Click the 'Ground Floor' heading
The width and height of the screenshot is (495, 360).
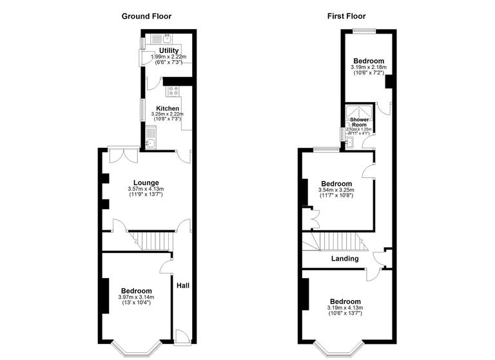coord(147,15)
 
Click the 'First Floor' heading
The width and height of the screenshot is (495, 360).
coord(346,15)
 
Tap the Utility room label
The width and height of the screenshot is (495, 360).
coord(169,50)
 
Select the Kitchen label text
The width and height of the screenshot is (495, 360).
coord(168,108)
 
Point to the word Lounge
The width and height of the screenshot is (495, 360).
coord(146,183)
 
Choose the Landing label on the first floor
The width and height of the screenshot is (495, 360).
coord(345,259)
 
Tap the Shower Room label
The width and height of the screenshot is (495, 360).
coord(358,121)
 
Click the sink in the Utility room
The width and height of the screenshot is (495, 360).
coord(166,38)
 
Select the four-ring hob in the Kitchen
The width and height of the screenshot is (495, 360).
coord(173,91)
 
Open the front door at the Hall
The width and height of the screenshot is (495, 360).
coord(182,335)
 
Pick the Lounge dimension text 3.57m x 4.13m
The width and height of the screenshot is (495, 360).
coord(146,189)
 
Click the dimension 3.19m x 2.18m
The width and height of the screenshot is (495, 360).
coord(368,67)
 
